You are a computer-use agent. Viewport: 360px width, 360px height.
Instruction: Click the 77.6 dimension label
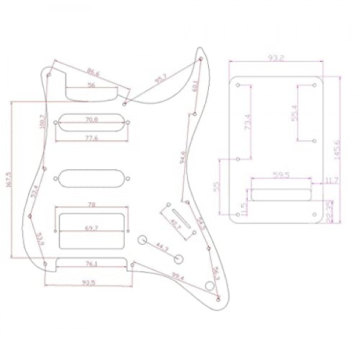pyautogui.click(x=92, y=139)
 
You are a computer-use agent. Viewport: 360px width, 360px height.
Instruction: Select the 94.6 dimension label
pyautogui.click(x=182, y=158)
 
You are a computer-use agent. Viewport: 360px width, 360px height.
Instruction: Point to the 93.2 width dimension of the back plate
pyautogui.click(x=277, y=59)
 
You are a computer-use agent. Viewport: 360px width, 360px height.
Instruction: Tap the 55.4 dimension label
pyautogui.click(x=294, y=113)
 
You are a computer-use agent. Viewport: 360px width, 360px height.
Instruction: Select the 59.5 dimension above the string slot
pyautogui.click(x=280, y=176)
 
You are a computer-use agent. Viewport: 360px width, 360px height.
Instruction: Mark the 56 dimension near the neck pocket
pyautogui.click(x=91, y=86)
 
